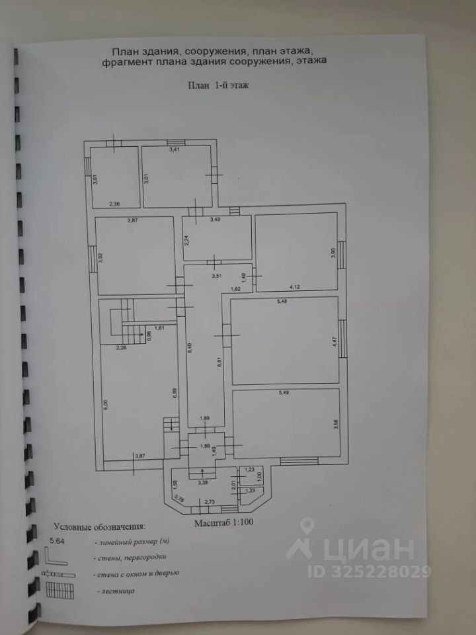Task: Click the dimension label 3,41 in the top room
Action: point(175,151)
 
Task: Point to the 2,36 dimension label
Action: point(115,204)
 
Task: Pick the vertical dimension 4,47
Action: point(334,343)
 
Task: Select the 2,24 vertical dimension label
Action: point(187,241)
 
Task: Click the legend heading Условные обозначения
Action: point(99,527)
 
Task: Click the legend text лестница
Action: point(116,590)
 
